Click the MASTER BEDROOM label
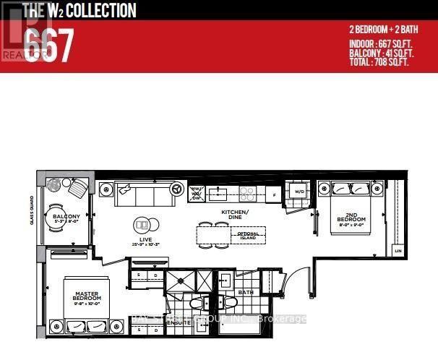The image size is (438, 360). click(87, 296)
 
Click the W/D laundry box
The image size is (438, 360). click(298, 192)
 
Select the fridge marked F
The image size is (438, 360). click(274, 194)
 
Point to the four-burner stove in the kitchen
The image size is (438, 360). click(247, 194)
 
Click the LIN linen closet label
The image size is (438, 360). click(397, 250)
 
